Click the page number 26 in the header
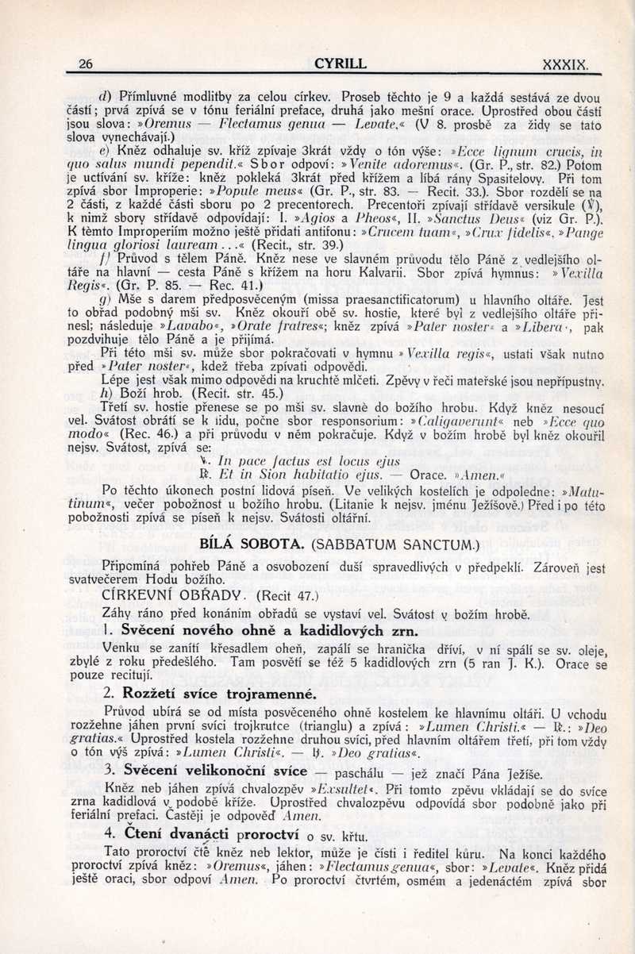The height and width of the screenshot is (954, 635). click(87, 64)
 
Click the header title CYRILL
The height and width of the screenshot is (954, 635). click(340, 63)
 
